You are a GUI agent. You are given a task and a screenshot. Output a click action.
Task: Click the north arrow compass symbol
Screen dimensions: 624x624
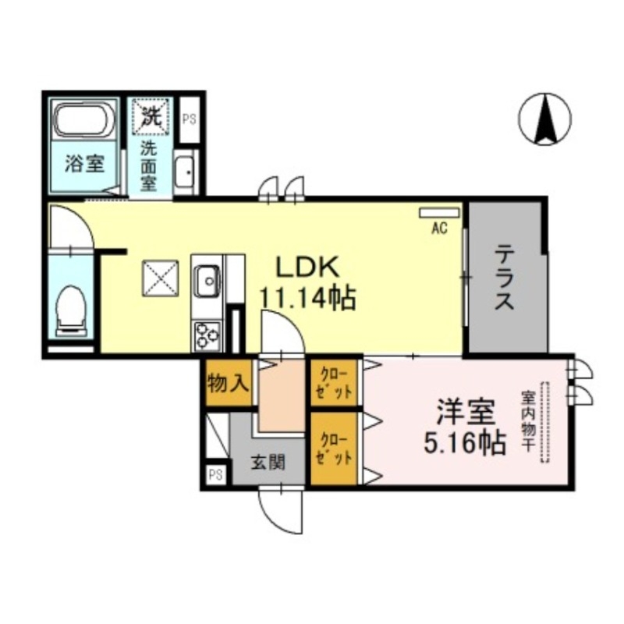544,119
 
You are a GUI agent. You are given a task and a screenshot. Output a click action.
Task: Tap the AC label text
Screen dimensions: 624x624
438,228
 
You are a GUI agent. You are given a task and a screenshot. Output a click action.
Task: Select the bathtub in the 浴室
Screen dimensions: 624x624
84,121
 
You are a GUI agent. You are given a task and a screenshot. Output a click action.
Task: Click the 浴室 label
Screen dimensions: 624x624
83,165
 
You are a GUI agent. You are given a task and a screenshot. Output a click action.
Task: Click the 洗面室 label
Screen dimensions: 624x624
148,165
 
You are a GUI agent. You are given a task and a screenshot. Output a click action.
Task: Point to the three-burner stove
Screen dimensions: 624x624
207,335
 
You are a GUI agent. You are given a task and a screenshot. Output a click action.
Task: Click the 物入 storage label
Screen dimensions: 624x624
228,382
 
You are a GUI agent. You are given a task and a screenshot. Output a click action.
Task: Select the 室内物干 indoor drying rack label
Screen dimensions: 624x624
527,422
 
